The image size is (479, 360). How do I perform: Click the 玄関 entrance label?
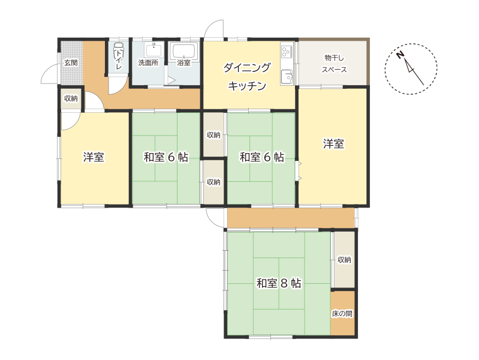(71, 63)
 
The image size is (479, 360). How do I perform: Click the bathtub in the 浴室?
(183, 51)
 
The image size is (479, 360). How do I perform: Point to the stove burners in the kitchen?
(287, 52)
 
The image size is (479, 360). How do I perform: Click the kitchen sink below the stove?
(287, 77)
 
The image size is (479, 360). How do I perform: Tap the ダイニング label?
(247, 67)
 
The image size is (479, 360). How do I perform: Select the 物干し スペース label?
(334, 64)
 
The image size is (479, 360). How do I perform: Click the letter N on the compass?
(400, 55)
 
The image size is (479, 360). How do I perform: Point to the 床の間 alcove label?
(342, 314)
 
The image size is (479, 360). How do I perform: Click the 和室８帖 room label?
(279, 283)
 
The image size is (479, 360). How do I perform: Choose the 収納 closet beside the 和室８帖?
(344, 260)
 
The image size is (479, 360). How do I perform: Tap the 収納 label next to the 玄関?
(71, 98)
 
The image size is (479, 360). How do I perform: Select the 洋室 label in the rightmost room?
(333, 143)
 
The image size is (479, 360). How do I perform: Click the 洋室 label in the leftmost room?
(94, 157)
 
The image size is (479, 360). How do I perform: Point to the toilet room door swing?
(118, 87)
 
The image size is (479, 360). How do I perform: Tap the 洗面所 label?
(148, 63)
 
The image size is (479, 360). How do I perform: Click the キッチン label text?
(247, 86)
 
